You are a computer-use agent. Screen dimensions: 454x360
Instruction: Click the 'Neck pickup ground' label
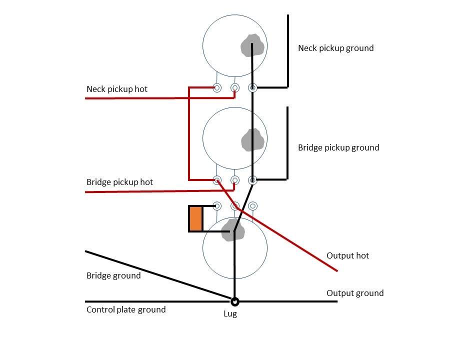336,48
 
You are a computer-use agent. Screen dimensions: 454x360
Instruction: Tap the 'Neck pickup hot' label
117,89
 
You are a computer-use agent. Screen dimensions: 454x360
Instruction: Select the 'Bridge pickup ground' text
338,147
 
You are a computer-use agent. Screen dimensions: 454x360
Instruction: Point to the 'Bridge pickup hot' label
119,182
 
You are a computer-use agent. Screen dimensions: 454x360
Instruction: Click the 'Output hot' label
347,255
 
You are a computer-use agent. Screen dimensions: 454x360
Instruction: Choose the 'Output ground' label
355,293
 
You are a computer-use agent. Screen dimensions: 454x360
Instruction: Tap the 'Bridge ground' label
113,275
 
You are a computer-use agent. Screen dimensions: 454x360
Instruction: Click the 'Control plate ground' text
126,309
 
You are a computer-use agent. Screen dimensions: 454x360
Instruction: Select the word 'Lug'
230,313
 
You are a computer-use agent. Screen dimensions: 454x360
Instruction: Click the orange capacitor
195,219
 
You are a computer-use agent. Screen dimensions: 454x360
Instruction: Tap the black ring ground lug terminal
234,302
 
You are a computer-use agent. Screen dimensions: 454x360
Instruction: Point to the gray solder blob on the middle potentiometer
252,139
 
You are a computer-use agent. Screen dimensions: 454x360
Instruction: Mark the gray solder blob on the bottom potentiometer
233,230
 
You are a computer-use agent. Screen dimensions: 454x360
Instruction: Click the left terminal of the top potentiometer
217,87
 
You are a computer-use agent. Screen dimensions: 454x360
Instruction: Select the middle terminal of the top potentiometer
235,87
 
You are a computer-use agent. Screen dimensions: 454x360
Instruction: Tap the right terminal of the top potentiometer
253,87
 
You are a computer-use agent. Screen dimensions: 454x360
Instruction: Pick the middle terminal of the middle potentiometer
235,180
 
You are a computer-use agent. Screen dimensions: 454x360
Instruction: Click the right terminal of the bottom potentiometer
253,206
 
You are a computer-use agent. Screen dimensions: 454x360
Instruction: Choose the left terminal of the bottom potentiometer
217,206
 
